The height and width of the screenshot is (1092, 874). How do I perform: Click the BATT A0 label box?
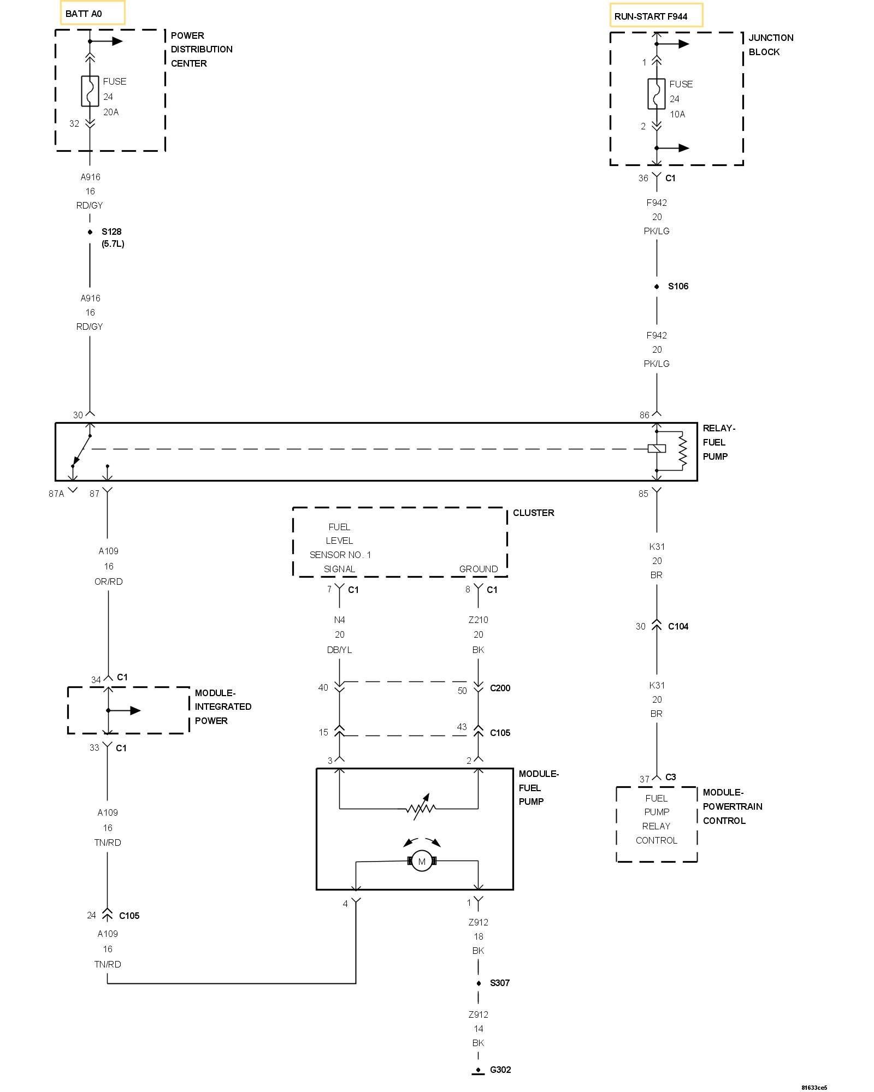pyautogui.click(x=92, y=13)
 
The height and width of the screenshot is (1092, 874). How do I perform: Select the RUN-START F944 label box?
pyautogui.click(x=656, y=15)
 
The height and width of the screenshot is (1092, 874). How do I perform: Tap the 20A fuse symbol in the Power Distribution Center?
pyautogui.click(x=90, y=91)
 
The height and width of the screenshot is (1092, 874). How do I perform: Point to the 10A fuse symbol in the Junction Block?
pyautogui.click(x=657, y=94)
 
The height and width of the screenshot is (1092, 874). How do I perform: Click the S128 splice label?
pyautogui.click(x=111, y=232)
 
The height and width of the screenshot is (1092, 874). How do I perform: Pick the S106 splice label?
pyautogui.click(x=678, y=286)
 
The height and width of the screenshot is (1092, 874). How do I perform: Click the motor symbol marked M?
pyautogui.click(x=422, y=861)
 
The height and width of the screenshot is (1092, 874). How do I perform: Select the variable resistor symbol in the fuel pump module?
pyautogui.click(x=421, y=808)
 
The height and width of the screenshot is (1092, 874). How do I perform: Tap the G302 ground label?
pyautogui.click(x=500, y=1070)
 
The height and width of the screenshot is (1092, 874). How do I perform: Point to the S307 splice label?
pyautogui.click(x=500, y=983)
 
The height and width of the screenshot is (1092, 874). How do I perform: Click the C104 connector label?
pyautogui.click(x=678, y=626)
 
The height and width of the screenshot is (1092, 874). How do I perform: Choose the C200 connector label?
pyautogui.click(x=500, y=688)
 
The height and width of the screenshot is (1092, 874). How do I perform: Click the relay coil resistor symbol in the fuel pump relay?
pyautogui.click(x=682, y=450)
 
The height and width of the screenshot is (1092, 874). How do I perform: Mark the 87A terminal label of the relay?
pyautogui.click(x=56, y=494)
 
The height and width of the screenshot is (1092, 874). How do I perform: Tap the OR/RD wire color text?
pyautogui.click(x=109, y=581)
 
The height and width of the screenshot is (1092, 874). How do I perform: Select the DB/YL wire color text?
pyautogui.click(x=339, y=650)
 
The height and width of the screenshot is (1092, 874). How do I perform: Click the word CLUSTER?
pyautogui.click(x=533, y=513)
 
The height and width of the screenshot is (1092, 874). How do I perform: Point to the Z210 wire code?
pyautogui.click(x=478, y=620)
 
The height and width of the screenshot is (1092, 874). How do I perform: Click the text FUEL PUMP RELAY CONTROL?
pyautogui.click(x=656, y=819)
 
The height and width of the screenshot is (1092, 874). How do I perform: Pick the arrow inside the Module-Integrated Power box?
pyautogui.click(x=125, y=710)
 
